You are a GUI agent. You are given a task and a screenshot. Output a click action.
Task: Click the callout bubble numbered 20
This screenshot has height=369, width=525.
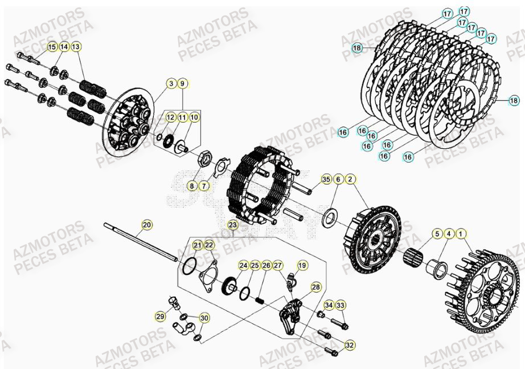pyautogui.click(x=147, y=225)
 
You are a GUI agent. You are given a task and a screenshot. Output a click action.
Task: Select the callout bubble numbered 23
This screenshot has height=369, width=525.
pyautogui.click(x=232, y=225)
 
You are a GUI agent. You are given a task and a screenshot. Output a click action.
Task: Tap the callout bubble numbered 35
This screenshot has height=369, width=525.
pyautogui.click(x=326, y=179)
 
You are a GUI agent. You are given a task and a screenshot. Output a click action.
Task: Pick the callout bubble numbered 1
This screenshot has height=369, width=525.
pyautogui.click(x=461, y=233)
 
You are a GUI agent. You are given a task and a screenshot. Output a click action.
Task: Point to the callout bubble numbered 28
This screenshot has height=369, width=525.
pyautogui.click(x=315, y=287)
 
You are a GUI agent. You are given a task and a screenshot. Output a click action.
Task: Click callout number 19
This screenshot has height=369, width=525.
pyautogui.click(x=302, y=265)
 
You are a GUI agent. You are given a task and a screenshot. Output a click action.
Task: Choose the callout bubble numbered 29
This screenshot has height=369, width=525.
pyautogui.click(x=160, y=315)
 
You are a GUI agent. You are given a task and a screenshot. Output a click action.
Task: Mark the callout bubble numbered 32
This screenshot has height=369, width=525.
pyautogui.click(x=350, y=345)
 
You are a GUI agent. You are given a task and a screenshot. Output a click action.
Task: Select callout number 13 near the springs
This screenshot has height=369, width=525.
pyautogui.click(x=76, y=46)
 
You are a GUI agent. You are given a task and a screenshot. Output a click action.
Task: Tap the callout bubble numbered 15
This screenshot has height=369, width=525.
pyautogui.click(x=52, y=46)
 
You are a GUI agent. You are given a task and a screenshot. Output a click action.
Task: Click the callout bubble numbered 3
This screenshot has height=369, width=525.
pyautogui.click(x=170, y=84)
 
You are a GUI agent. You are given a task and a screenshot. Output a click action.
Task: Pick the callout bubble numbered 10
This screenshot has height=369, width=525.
pyautogui.click(x=195, y=117)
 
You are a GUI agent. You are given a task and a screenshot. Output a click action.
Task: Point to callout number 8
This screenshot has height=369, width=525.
pyautogui.click(x=192, y=186)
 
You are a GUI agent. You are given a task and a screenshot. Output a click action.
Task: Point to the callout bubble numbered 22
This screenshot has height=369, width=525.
pyautogui.click(x=209, y=245)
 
